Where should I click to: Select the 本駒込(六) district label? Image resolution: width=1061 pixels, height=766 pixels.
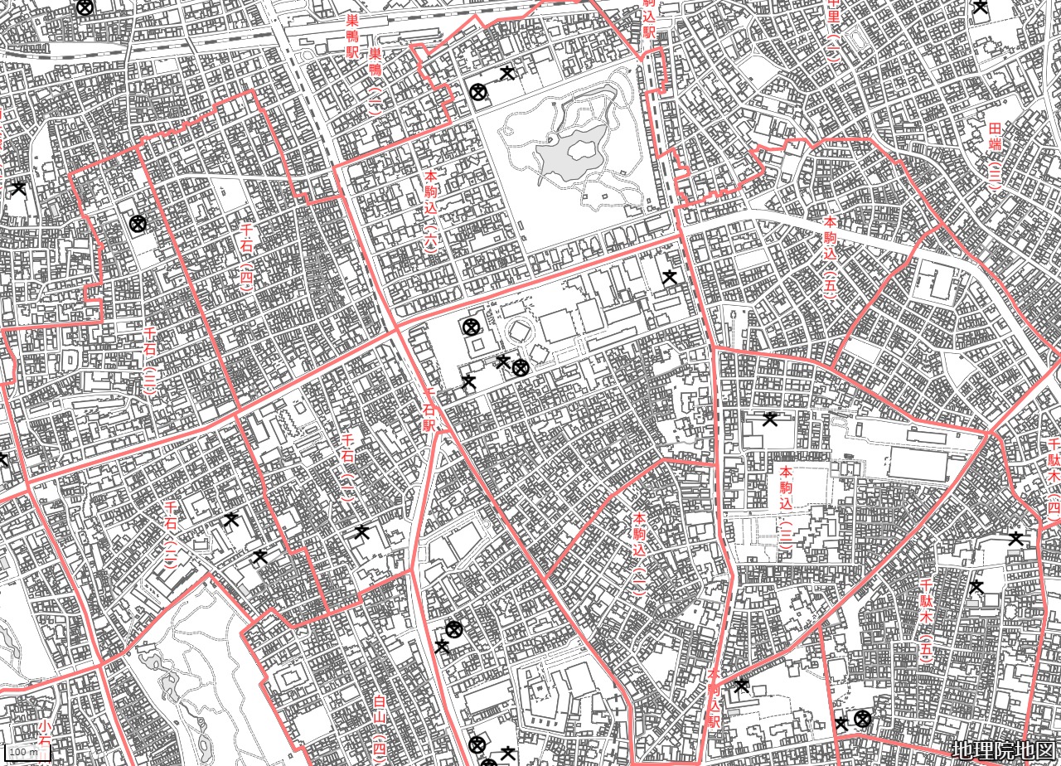pyautogui.click(x=431, y=211)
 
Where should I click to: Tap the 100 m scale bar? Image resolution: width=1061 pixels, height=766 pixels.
pyautogui.click(x=25, y=753)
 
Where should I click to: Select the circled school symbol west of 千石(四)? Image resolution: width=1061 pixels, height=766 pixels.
pyautogui.click(x=138, y=223)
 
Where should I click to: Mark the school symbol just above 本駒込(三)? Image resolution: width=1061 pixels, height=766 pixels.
pyautogui.click(x=770, y=419)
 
